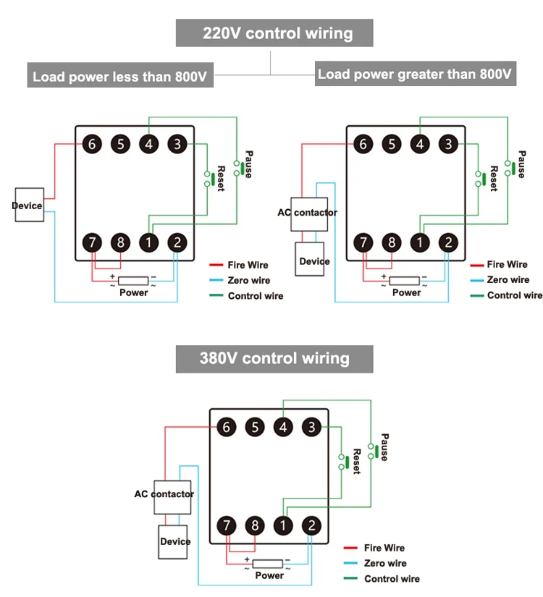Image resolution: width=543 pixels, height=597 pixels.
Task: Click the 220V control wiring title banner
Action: (274, 33)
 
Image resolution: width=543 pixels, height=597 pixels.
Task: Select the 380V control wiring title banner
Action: (274, 358)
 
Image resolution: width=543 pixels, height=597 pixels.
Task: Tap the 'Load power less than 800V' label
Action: (120, 76)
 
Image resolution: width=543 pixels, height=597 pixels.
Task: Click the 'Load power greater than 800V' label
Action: (415, 74)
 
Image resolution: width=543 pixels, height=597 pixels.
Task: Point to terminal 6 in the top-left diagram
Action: (92, 143)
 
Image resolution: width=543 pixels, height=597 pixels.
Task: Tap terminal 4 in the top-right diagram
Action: (420, 143)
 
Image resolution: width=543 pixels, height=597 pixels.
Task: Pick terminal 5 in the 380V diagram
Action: (255, 427)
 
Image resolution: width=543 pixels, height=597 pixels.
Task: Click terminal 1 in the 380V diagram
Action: (283, 526)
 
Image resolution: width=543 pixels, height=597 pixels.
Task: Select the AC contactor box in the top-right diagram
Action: (308, 213)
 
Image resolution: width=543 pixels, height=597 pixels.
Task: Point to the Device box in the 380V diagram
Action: (174, 541)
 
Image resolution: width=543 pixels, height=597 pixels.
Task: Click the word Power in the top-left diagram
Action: (134, 292)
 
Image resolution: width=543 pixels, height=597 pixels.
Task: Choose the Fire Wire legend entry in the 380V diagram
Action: (384, 548)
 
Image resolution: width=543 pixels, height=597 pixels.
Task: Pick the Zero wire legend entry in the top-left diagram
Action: (248, 280)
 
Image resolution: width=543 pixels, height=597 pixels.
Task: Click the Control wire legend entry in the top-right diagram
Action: (514, 295)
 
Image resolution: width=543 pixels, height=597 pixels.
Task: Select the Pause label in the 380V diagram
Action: (384, 447)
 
